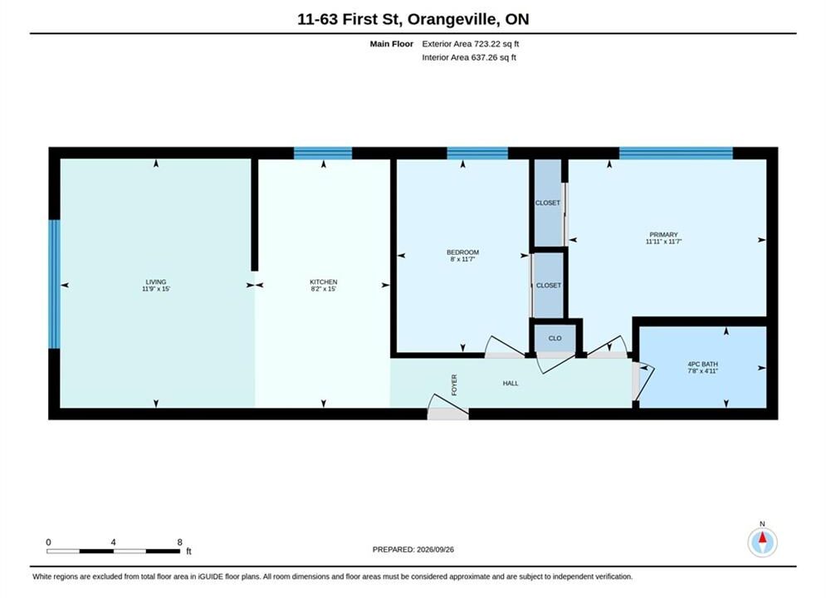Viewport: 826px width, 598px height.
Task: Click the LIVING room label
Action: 156,282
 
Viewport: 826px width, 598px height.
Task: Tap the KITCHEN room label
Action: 324,282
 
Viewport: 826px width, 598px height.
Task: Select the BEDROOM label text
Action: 463,252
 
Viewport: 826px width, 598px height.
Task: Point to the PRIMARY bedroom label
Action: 664,234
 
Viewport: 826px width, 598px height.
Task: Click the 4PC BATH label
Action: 703,364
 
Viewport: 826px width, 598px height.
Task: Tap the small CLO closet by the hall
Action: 555,338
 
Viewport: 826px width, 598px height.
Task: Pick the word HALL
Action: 511,383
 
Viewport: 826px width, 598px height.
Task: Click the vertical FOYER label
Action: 454,385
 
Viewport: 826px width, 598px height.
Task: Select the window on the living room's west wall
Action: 54,284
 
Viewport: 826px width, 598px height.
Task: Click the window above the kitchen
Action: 323,154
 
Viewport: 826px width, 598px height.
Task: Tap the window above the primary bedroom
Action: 676,154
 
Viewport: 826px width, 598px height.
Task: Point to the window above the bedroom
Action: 477,154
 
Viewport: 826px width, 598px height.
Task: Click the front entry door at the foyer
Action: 447,409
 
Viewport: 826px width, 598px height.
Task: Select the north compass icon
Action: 762,541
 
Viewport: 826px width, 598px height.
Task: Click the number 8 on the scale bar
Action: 179,542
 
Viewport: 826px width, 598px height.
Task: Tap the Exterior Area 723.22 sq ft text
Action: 471,44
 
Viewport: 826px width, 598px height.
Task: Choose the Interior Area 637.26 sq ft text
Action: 469,57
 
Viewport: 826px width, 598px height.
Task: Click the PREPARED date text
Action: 413,550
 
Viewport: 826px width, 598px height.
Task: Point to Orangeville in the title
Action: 452,19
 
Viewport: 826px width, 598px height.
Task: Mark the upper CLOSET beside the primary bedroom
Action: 548,203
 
